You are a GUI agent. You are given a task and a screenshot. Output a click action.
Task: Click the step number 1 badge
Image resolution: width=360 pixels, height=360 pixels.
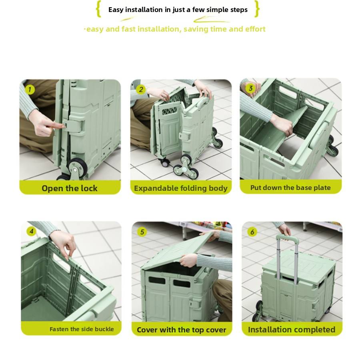click(x=30, y=90)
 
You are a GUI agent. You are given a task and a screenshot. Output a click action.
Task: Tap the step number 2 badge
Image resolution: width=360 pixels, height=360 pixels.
click(x=141, y=90)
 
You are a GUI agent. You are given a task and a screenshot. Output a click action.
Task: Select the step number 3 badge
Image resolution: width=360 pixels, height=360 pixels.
click(x=250, y=88)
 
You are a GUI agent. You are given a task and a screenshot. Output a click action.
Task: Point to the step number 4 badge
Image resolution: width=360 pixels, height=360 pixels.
click(x=31, y=231)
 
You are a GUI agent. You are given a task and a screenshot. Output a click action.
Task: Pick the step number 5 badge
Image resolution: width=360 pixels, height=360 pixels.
click(x=142, y=232)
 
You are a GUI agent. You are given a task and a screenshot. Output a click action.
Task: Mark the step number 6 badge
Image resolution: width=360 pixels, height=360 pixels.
click(x=252, y=232)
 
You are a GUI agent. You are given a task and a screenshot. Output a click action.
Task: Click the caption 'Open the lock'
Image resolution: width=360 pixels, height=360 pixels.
click(x=70, y=188)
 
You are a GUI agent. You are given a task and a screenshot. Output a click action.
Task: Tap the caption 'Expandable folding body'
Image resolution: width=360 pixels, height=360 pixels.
click(x=181, y=188)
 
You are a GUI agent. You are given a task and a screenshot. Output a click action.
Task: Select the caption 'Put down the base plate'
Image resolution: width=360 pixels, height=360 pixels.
click(x=290, y=188)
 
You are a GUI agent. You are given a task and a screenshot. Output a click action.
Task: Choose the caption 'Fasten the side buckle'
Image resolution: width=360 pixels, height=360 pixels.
click(x=82, y=329)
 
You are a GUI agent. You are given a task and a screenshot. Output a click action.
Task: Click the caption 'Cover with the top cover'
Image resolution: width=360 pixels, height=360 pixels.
click(x=181, y=330)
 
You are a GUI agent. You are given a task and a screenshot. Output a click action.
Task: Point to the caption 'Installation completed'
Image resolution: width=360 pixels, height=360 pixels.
click(x=292, y=330)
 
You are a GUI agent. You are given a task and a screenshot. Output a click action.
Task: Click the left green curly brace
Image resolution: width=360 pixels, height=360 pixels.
click(x=98, y=9)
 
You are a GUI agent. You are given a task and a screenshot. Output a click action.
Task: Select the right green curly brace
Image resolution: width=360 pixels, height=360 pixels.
click(x=257, y=9)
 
